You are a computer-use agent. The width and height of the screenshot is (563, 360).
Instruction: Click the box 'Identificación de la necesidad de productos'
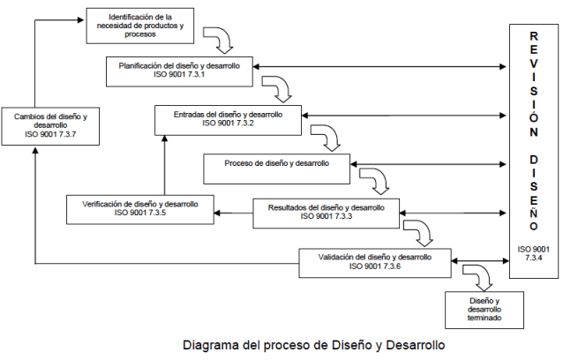click(146, 26)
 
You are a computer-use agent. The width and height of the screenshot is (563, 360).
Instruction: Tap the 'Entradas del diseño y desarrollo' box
click(228, 117)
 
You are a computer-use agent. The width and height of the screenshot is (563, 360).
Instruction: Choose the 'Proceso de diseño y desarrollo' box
click(277, 164)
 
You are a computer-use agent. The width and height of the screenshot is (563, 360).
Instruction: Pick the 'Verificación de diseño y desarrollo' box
click(141, 210)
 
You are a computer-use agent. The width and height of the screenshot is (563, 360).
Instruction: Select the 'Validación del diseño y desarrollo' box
click(374, 261)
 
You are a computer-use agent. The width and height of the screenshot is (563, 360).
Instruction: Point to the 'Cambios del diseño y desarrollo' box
click(51, 124)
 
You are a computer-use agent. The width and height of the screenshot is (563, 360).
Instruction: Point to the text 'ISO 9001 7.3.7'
click(51, 135)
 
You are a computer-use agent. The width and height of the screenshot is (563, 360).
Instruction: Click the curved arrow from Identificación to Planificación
click(218, 39)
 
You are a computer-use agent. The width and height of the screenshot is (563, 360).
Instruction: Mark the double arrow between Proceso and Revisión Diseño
click(430, 164)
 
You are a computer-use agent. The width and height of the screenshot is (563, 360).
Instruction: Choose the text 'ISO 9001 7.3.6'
click(374, 266)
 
